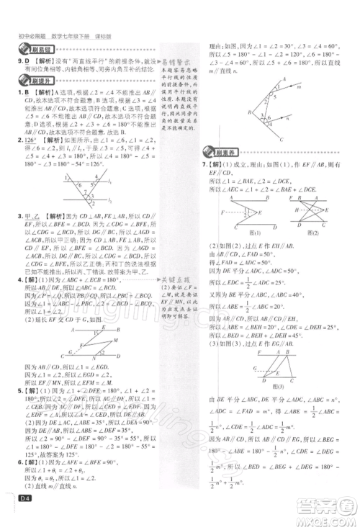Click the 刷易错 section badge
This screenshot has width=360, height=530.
pos(29,49)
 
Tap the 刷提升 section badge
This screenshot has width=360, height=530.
pos(29,81)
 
